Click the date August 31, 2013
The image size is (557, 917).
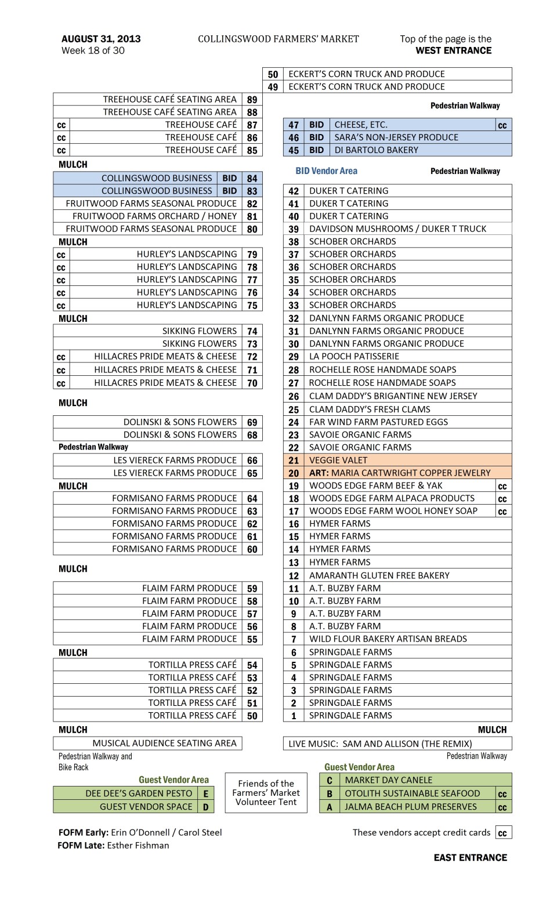(101, 39)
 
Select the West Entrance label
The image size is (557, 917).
(453, 50)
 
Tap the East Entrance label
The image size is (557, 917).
(470, 857)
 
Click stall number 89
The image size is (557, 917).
(252, 100)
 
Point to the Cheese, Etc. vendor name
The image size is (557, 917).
(361, 125)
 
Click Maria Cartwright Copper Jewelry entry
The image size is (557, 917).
(400, 473)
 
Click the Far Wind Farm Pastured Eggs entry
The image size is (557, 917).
(378, 422)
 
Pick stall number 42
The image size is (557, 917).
(294, 191)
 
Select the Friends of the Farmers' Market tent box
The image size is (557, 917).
(266, 792)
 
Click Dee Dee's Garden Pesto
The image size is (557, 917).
(139, 793)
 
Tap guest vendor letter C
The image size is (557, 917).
(330, 780)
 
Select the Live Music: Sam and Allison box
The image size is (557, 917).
(380, 744)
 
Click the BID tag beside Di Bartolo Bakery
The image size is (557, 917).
(316, 150)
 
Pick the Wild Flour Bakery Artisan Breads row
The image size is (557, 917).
(388, 639)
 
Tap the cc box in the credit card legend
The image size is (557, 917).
(502, 833)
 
